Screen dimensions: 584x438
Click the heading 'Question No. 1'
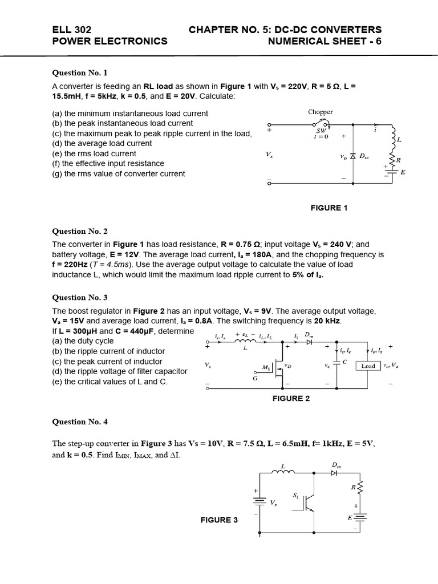80,73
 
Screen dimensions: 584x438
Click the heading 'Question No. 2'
80,232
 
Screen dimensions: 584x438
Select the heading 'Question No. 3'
80,298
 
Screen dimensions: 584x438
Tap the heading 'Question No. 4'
80,422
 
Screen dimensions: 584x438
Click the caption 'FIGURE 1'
329,208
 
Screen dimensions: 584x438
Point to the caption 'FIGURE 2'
291,399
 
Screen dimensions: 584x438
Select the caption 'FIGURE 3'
219,520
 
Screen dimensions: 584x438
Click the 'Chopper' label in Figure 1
320,112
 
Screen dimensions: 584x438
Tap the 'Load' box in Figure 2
368,366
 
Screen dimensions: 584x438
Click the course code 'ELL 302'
71,30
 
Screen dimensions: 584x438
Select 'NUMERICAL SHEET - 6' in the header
325,41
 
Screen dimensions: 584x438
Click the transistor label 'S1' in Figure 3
295,496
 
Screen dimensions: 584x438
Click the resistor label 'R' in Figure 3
353,488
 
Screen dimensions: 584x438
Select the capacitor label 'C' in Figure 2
345,362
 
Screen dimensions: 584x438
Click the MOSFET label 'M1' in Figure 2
266,366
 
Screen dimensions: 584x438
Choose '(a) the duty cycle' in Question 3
83,341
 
